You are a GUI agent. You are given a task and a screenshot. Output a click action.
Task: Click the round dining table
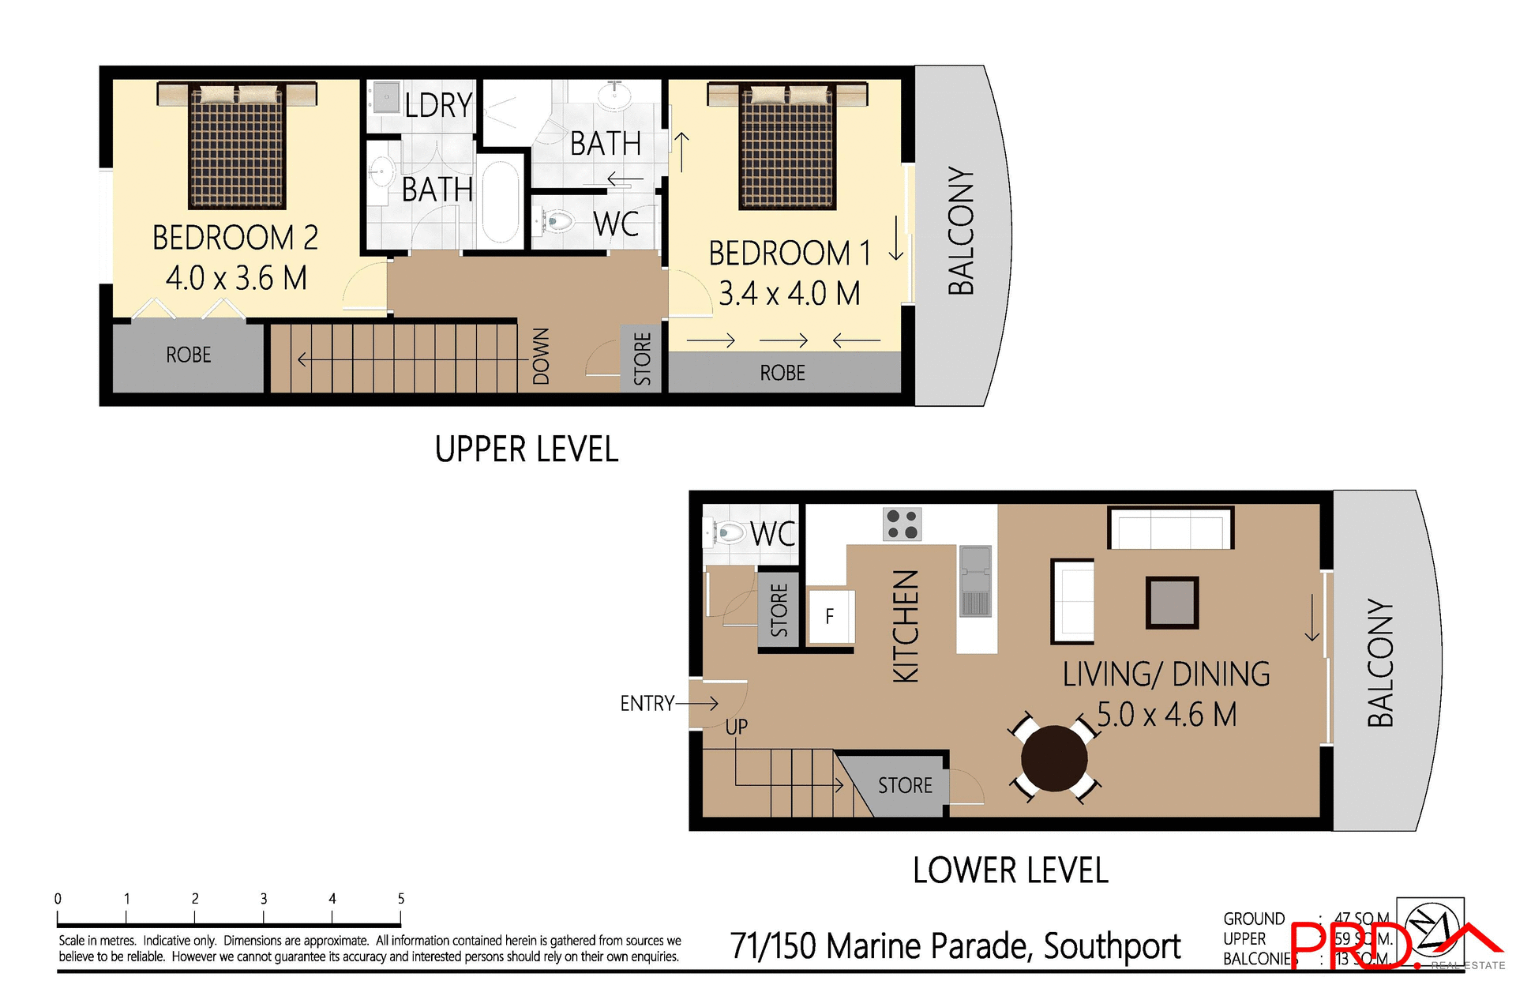click(x=1053, y=758)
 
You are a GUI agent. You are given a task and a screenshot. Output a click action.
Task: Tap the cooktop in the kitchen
click(x=902, y=524)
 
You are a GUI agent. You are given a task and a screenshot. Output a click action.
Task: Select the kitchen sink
click(x=975, y=581)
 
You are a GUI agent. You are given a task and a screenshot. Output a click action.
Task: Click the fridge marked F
click(x=830, y=616)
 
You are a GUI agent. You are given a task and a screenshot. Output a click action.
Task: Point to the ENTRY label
click(x=647, y=703)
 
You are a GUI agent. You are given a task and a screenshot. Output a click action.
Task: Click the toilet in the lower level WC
click(x=727, y=533)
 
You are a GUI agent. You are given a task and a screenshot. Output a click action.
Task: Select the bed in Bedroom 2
click(x=237, y=146)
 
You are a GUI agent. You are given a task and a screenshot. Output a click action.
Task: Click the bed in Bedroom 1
click(x=787, y=148)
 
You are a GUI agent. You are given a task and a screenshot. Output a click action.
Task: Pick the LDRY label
click(x=438, y=105)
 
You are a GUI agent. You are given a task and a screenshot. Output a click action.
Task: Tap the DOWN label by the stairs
click(x=541, y=356)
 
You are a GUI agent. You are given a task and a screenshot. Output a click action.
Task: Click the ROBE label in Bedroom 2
click(x=189, y=355)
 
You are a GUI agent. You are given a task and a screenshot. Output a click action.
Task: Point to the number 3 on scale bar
click(x=264, y=899)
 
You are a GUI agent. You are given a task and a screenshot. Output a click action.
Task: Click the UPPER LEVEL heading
click(x=527, y=449)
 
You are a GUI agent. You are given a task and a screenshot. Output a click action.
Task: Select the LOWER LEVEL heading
click(x=1010, y=870)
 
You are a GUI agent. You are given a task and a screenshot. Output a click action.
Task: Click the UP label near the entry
click(x=736, y=727)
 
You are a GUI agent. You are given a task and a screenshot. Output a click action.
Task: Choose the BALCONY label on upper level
click(x=961, y=231)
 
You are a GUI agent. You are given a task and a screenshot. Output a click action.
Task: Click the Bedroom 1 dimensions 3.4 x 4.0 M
click(x=789, y=294)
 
